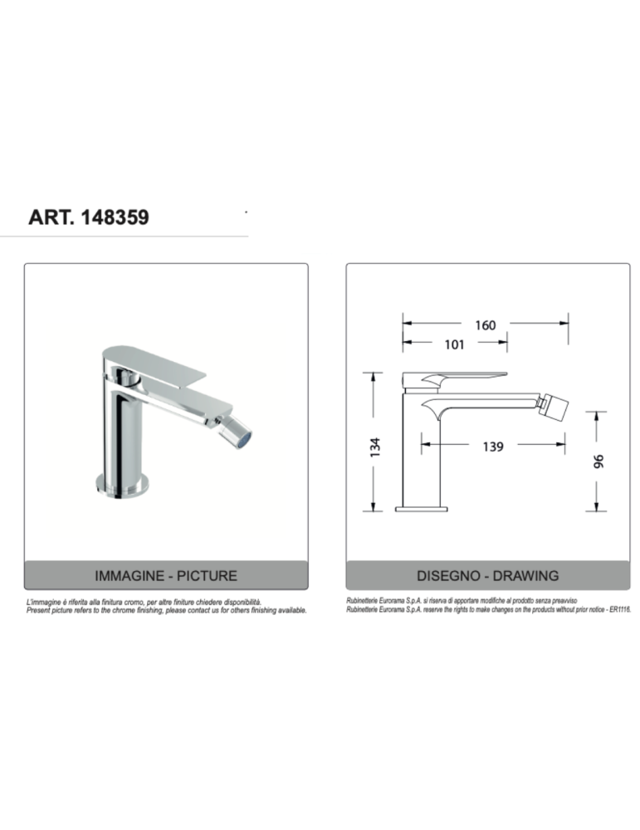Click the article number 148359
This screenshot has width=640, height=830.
point(115,217)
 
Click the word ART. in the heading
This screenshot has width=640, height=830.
point(51,217)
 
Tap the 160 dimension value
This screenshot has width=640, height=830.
point(485,325)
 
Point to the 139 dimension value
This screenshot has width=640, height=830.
point(492,447)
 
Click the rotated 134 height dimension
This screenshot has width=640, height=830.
point(374,447)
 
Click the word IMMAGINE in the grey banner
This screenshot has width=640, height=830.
point(129,575)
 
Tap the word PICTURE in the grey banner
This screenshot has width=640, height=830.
point(207,575)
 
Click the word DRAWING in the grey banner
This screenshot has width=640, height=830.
point(525,575)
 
